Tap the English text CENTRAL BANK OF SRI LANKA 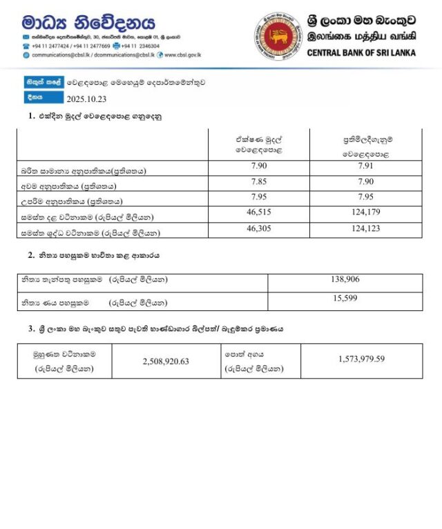pyautogui.click(x=361, y=52)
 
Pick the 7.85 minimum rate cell pyautogui.click(x=256, y=183)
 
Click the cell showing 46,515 pyautogui.click(x=256, y=214)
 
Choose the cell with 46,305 pyautogui.click(x=256, y=229)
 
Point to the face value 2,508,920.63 pyautogui.click(x=164, y=359)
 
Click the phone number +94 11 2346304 pyautogui.click(x=141, y=46)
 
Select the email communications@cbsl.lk pyautogui.click(x=61, y=54)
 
